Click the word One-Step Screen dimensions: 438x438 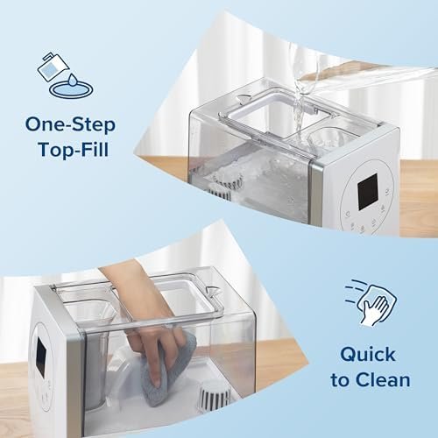71,124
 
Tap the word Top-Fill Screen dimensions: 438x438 73,149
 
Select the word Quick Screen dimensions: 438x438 368,356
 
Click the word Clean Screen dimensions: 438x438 383,380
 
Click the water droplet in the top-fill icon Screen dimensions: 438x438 73,80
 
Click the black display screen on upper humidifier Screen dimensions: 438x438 368,192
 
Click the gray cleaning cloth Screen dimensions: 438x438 167,371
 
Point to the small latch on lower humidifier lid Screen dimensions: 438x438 213,291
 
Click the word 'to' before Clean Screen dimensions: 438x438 341,380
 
